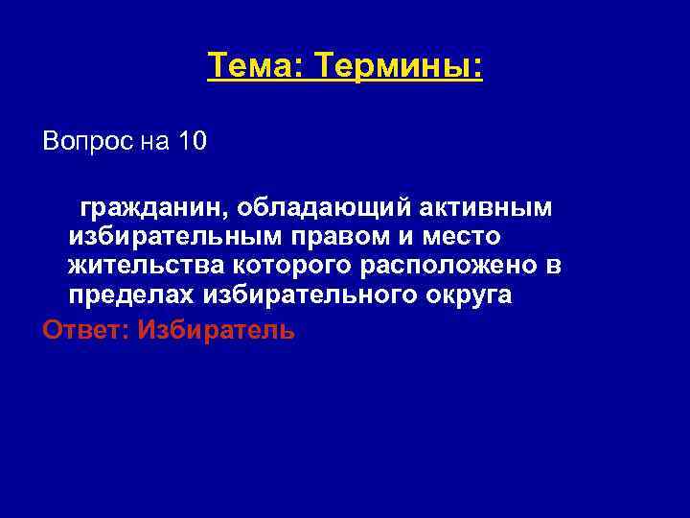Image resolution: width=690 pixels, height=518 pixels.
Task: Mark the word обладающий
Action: pos(320,207)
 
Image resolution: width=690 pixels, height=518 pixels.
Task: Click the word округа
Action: pos(466,295)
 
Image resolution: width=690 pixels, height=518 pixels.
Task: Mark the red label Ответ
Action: pos(82,330)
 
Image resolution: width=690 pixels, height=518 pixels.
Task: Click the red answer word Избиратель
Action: pos(216,330)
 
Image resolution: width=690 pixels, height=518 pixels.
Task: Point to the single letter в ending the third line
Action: pos(553,265)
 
